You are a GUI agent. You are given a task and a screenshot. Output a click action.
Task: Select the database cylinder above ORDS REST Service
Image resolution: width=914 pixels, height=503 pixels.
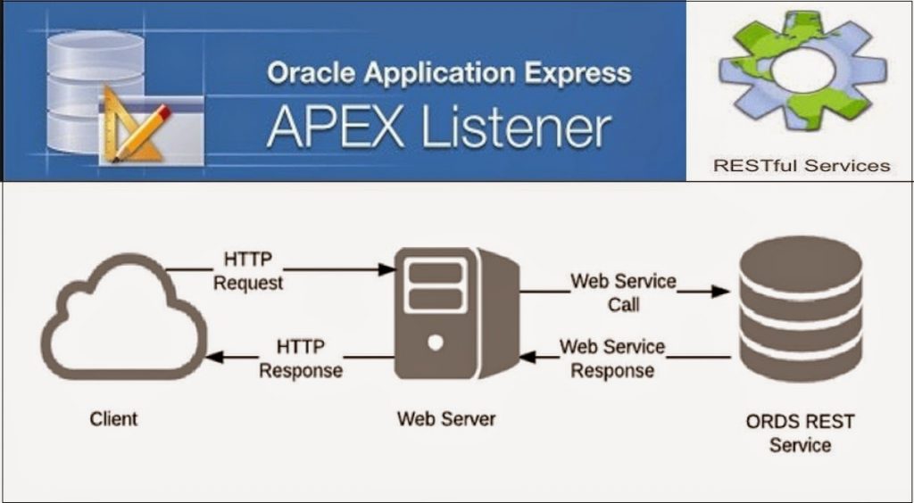[x=801, y=309]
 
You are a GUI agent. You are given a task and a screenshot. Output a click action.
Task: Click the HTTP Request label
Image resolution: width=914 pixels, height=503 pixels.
[x=248, y=271]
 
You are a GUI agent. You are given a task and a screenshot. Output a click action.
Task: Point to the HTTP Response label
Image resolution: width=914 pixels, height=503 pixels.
[x=301, y=359]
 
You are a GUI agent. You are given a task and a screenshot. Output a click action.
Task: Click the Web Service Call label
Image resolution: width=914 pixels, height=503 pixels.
[x=623, y=293]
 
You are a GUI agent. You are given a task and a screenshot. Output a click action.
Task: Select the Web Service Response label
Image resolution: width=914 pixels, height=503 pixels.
[x=612, y=358]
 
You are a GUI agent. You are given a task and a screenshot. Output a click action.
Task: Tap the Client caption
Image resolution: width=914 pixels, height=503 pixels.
[x=113, y=418]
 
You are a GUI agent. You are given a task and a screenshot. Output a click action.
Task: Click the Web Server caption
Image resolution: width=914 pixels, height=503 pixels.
[x=446, y=418]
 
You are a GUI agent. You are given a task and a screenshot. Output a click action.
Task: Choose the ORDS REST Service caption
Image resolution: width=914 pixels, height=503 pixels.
[x=800, y=433]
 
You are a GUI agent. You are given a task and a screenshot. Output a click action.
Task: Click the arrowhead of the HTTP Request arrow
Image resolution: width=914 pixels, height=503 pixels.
[x=387, y=269]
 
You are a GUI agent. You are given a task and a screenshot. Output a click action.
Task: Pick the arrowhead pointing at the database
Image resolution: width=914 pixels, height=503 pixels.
[x=721, y=291]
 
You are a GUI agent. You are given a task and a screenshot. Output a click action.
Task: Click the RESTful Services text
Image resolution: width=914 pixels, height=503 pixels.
[x=802, y=166]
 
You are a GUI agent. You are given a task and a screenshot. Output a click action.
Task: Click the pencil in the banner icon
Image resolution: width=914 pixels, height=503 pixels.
[x=142, y=132]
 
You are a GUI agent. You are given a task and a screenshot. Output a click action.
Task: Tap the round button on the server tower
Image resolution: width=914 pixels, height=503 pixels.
[x=435, y=342]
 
